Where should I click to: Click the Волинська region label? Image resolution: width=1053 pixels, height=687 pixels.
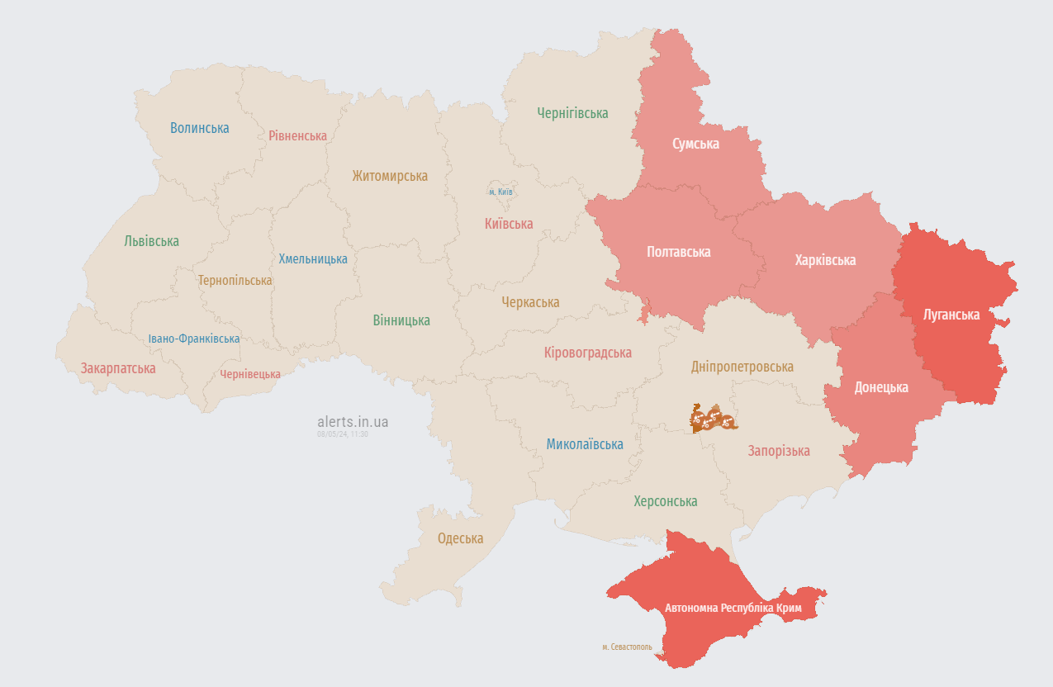click(x=200, y=128)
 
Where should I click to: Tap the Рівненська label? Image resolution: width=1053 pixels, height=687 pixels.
click(x=297, y=135)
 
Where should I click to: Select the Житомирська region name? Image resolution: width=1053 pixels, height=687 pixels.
click(x=390, y=176)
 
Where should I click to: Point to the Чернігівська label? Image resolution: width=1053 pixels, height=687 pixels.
click(x=572, y=113)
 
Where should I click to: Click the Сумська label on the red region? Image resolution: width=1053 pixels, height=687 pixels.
click(x=695, y=144)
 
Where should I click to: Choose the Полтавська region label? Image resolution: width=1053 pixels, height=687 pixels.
click(x=679, y=252)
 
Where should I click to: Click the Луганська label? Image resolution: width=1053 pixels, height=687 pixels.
click(x=951, y=315)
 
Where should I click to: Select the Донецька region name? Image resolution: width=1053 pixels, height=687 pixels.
click(x=881, y=387)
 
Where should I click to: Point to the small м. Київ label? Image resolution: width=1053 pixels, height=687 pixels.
click(x=500, y=192)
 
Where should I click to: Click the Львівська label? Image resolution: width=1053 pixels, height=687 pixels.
click(x=151, y=241)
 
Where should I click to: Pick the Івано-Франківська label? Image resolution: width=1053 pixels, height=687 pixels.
click(x=194, y=339)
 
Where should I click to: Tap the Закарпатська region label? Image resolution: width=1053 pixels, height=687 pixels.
click(x=118, y=368)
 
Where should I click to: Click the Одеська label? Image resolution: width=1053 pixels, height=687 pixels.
click(x=460, y=538)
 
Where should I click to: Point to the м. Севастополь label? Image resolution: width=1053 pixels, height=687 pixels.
click(x=627, y=647)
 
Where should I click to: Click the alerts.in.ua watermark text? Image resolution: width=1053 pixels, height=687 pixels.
click(x=352, y=422)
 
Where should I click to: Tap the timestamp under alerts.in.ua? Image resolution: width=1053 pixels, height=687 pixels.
click(x=342, y=434)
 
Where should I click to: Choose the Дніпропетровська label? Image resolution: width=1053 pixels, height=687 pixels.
click(x=742, y=367)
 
